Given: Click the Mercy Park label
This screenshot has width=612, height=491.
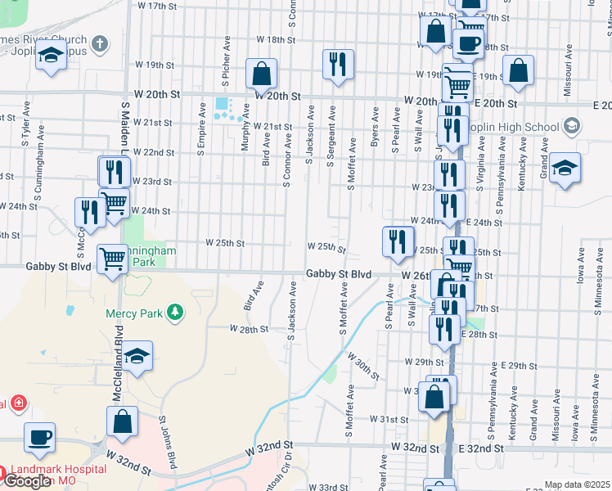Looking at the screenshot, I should tap(134, 313).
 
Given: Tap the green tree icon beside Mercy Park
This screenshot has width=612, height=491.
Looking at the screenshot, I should tap(173, 312).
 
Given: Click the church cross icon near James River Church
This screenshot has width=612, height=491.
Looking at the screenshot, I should tap(100, 44).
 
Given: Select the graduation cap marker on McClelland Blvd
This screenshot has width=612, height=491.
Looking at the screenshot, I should tap(139, 356).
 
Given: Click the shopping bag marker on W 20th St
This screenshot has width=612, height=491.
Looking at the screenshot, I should tap(260, 74).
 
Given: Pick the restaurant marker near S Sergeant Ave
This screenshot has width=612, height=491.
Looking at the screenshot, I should tap(338, 64).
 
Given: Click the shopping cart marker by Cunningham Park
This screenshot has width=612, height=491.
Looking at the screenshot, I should tap(112, 259).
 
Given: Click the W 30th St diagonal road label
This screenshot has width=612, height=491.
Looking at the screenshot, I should tap(363, 366).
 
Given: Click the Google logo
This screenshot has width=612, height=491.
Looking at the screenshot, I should tap(27, 481).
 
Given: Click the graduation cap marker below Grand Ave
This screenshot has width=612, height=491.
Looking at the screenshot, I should tap(565, 168).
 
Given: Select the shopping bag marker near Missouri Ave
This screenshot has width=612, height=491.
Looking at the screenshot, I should tap(518, 70).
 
